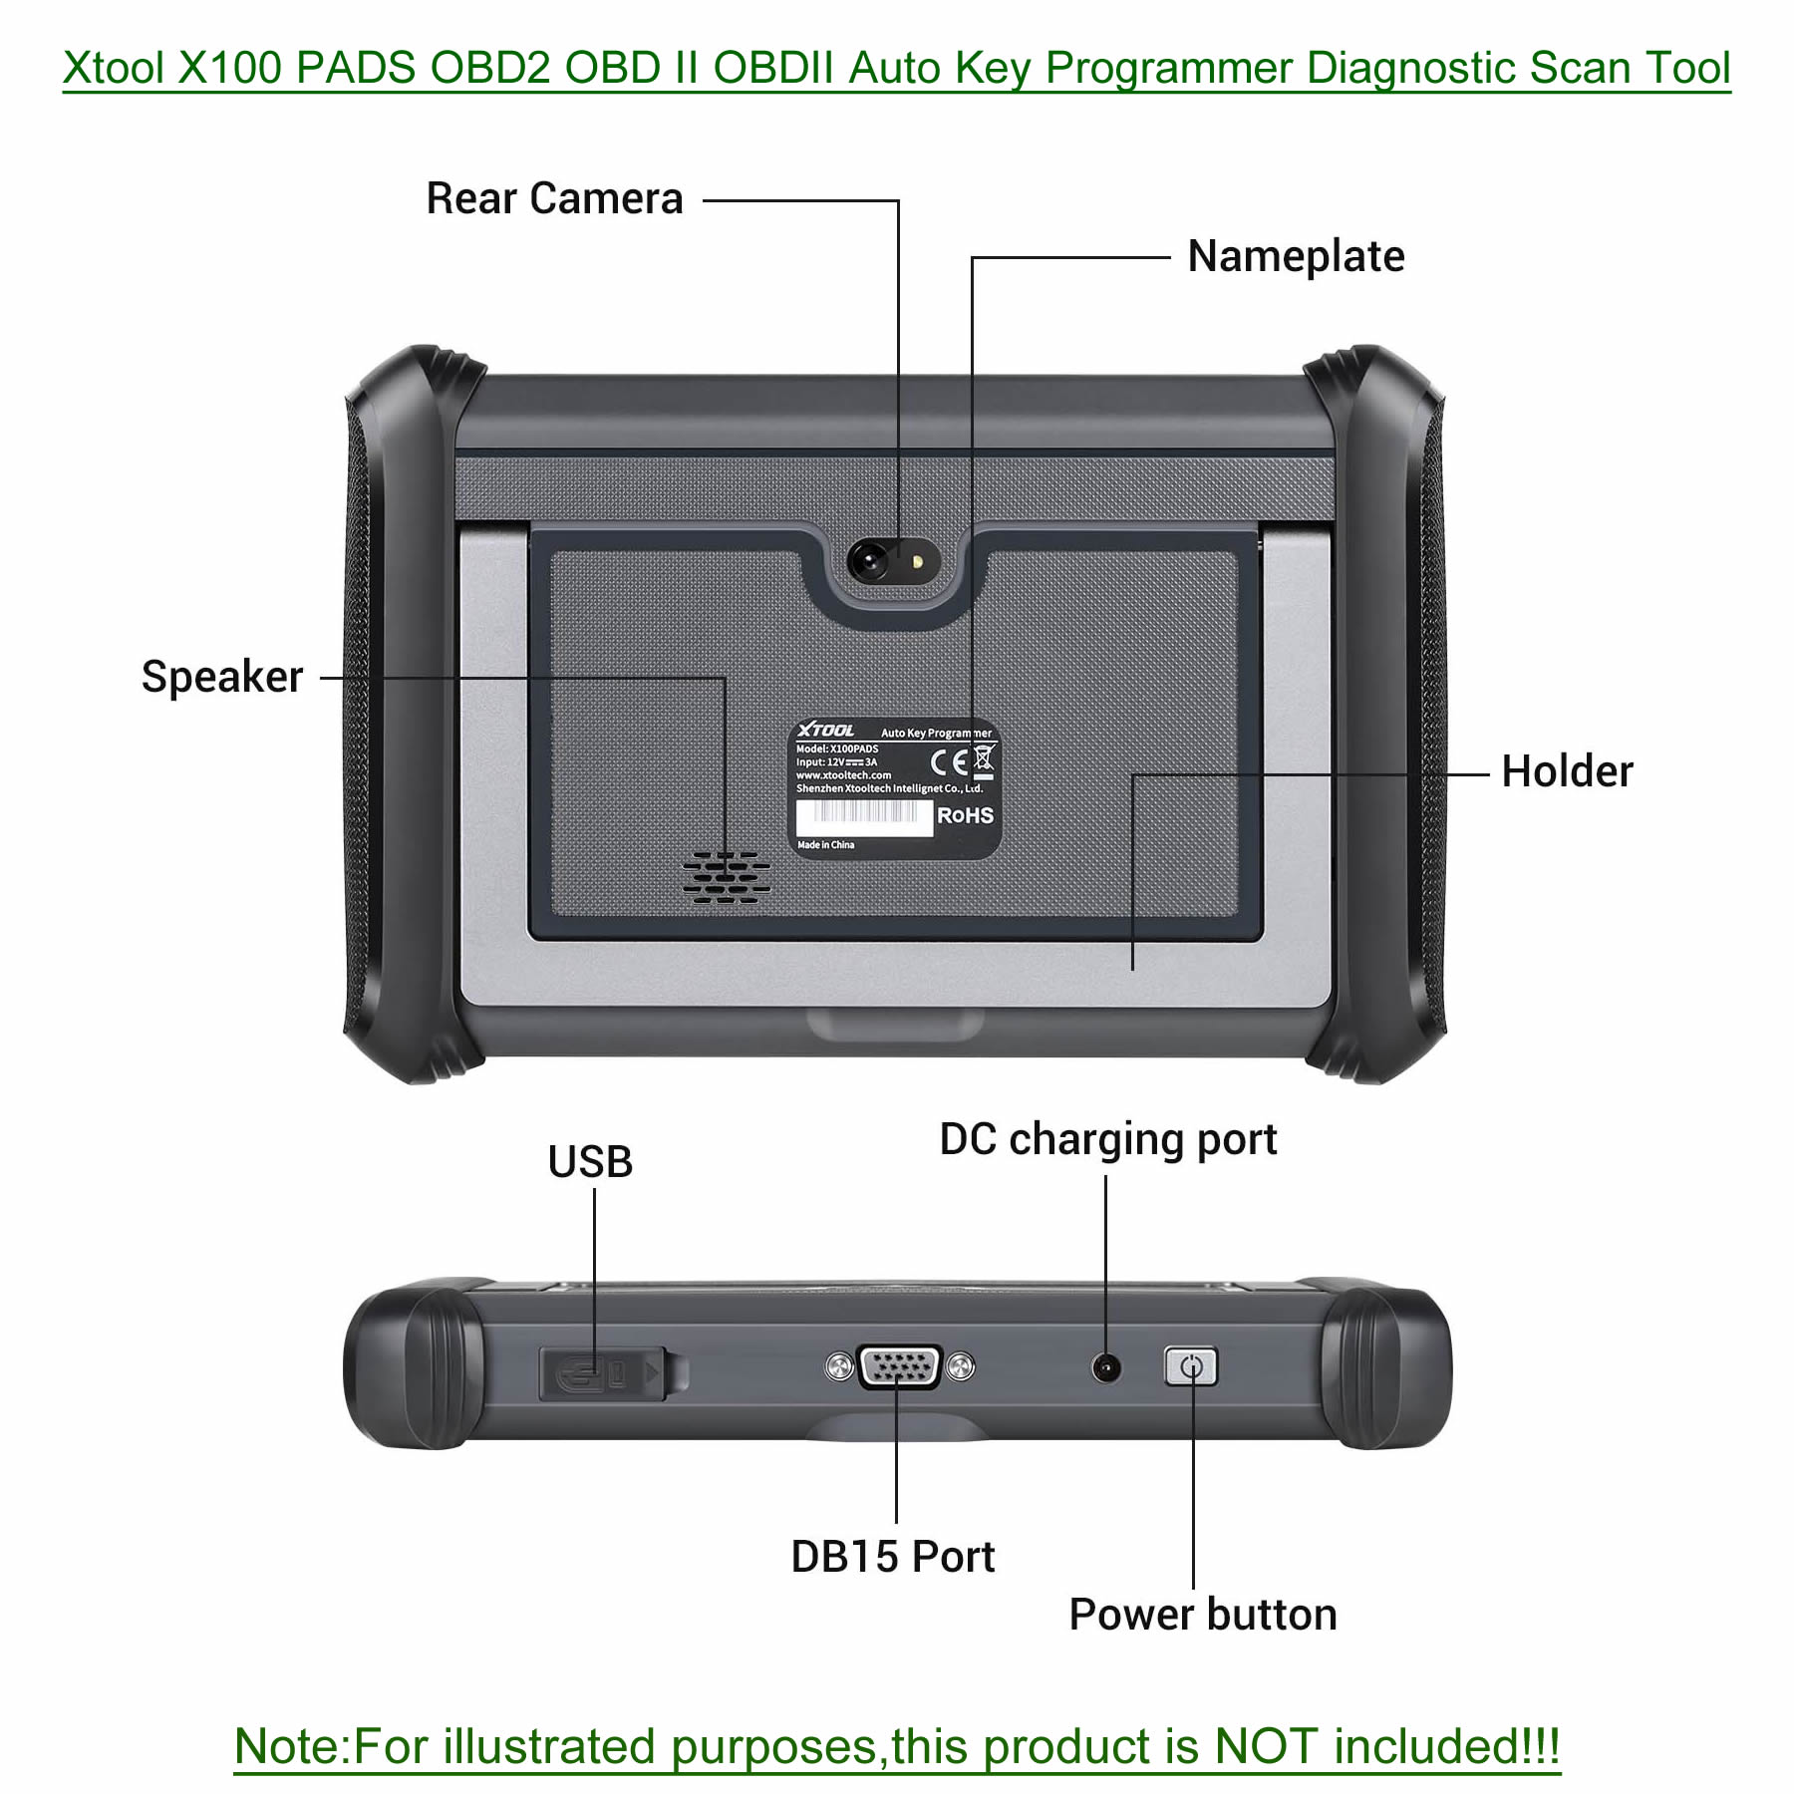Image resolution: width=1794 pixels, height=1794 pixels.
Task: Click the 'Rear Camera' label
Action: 554,198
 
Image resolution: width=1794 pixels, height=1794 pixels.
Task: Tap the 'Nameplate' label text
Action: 1296,257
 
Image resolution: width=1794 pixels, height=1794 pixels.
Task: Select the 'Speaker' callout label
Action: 222,678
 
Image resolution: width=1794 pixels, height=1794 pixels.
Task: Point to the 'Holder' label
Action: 1567,771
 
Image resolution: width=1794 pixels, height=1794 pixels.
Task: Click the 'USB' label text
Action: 590,1162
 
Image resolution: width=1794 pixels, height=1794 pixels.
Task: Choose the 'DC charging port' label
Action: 1107,1140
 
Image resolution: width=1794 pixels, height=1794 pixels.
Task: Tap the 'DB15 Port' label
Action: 892,1557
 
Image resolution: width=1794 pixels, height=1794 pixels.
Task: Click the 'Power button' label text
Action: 1202,1615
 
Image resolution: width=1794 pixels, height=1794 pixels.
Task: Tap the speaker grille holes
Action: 727,877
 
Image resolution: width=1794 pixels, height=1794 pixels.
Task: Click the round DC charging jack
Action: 1105,1368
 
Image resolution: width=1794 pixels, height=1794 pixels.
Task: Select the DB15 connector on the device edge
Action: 899,1366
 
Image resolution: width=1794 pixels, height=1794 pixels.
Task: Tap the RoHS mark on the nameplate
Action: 965,815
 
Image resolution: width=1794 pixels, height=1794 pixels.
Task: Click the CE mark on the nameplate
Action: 948,762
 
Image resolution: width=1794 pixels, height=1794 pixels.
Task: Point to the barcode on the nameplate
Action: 863,816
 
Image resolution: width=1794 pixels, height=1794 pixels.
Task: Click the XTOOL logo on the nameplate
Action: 825,731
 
